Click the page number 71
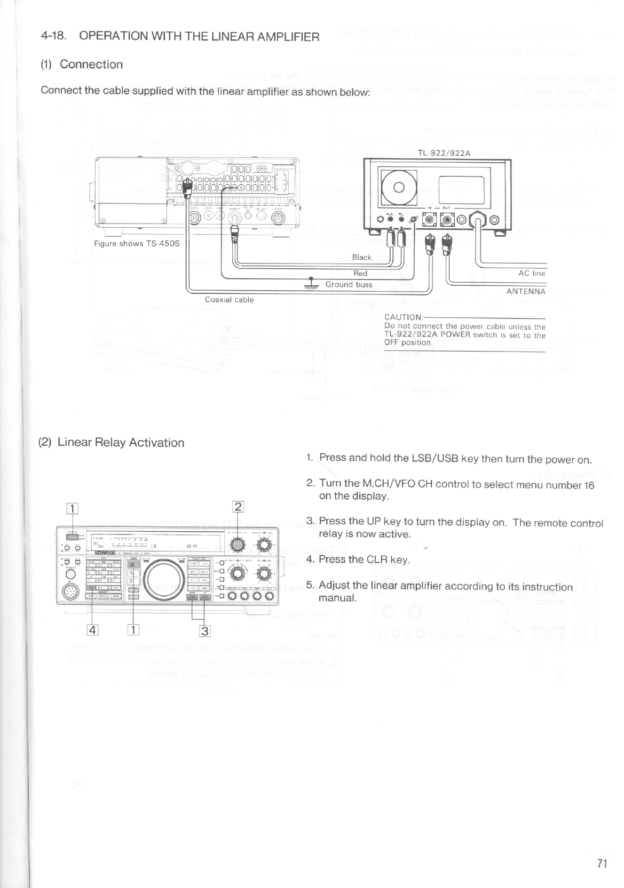[602, 863]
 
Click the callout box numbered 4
[93, 629]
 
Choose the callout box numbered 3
[204, 631]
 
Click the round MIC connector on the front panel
[72, 592]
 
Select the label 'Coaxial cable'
[229, 300]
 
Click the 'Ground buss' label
[349, 284]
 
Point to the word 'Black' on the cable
[361, 257]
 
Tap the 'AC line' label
[532, 273]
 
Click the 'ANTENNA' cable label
[526, 291]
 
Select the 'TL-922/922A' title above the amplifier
[444, 153]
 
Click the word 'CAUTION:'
[404, 317]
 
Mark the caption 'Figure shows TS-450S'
[137, 243]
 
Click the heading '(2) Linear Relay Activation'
[112, 442]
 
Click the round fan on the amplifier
[398, 187]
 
